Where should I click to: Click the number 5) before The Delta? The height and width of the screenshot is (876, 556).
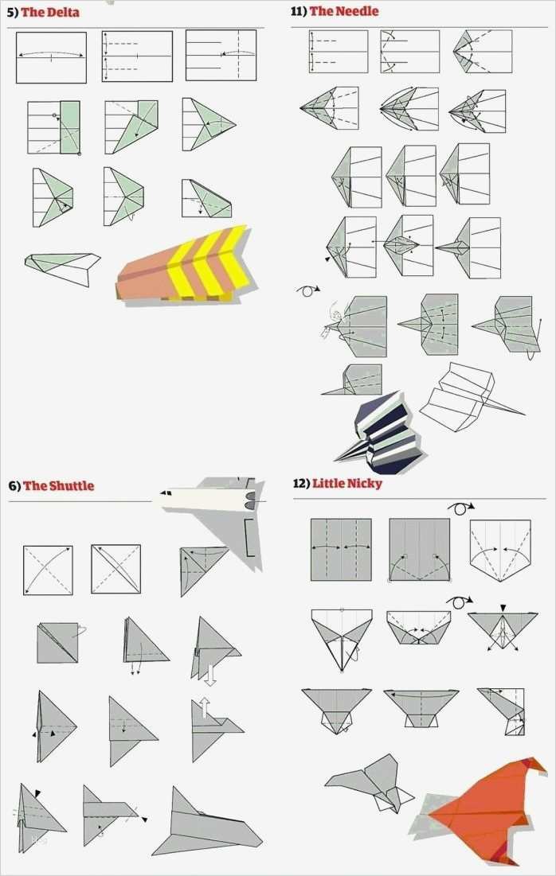(12, 12)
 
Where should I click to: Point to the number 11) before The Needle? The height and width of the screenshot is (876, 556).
(299, 11)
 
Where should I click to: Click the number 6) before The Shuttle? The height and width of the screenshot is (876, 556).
(14, 485)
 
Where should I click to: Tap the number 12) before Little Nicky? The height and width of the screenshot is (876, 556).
(301, 483)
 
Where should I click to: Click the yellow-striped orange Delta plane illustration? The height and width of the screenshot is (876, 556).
(185, 265)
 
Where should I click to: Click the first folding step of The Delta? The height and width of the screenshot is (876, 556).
(52, 57)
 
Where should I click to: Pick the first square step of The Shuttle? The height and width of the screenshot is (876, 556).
(48, 570)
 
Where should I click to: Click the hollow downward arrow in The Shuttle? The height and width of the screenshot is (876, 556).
(209, 675)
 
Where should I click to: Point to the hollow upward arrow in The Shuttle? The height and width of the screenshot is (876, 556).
(206, 707)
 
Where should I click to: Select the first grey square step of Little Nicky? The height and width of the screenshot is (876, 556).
(341, 550)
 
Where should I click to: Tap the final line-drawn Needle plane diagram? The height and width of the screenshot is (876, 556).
(470, 398)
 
